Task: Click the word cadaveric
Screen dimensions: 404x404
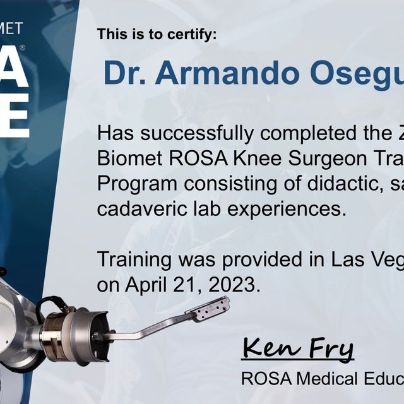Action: [138, 210]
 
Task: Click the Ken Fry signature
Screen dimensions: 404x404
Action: [297, 348]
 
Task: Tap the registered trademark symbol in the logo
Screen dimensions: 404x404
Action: [23, 48]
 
